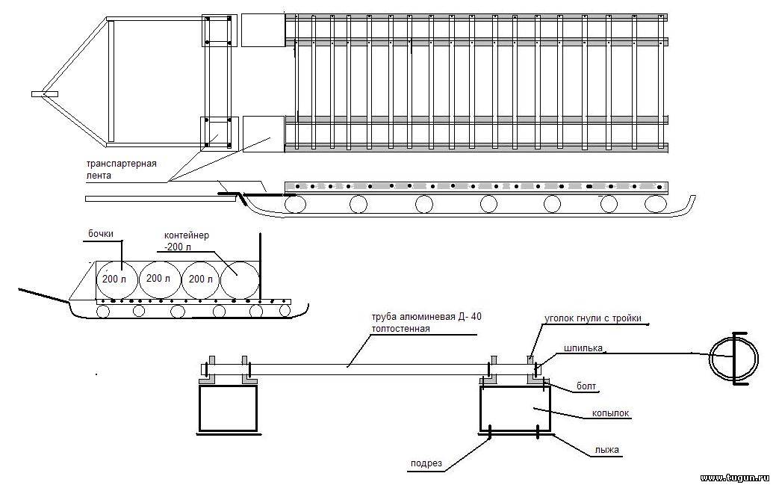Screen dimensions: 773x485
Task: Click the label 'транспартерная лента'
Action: point(122,169)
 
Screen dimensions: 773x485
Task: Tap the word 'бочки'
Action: point(101,234)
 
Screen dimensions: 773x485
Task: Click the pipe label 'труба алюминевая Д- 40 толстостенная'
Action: point(427,323)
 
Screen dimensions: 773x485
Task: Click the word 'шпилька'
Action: point(583,348)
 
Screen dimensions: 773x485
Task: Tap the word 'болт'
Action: point(586,386)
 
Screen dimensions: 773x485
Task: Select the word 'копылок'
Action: point(611,413)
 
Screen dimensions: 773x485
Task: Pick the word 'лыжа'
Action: point(606,449)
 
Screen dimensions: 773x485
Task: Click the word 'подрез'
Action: point(426,463)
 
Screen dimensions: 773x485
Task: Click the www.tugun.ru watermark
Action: point(735,478)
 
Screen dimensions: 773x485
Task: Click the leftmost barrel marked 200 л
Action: point(115,279)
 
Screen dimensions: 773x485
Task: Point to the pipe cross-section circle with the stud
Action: point(734,357)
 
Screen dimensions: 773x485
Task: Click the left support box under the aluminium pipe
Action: point(228,408)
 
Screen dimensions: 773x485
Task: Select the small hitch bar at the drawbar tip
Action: point(45,93)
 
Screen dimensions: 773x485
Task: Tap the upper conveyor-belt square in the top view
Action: point(263,31)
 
